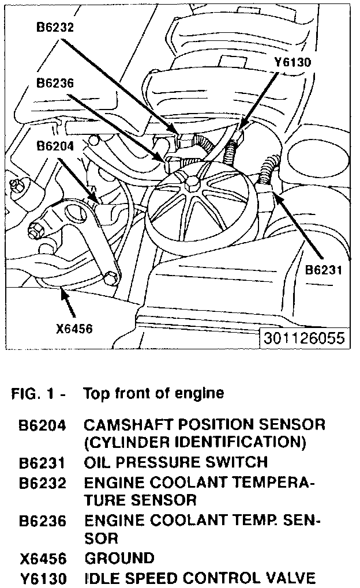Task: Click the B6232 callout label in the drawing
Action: coord(55,26)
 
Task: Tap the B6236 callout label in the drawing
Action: coord(55,83)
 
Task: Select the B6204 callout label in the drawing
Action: coord(55,146)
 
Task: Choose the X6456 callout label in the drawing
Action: coord(74,329)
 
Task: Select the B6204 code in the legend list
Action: coord(42,427)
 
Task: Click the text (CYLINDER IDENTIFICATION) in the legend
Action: coord(194,443)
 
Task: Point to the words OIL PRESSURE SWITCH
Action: coord(175,462)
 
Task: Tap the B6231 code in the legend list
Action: coord(42,463)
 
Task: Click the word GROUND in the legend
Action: coord(119,558)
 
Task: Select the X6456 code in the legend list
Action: coord(42,559)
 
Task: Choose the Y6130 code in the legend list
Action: coord(42,578)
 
